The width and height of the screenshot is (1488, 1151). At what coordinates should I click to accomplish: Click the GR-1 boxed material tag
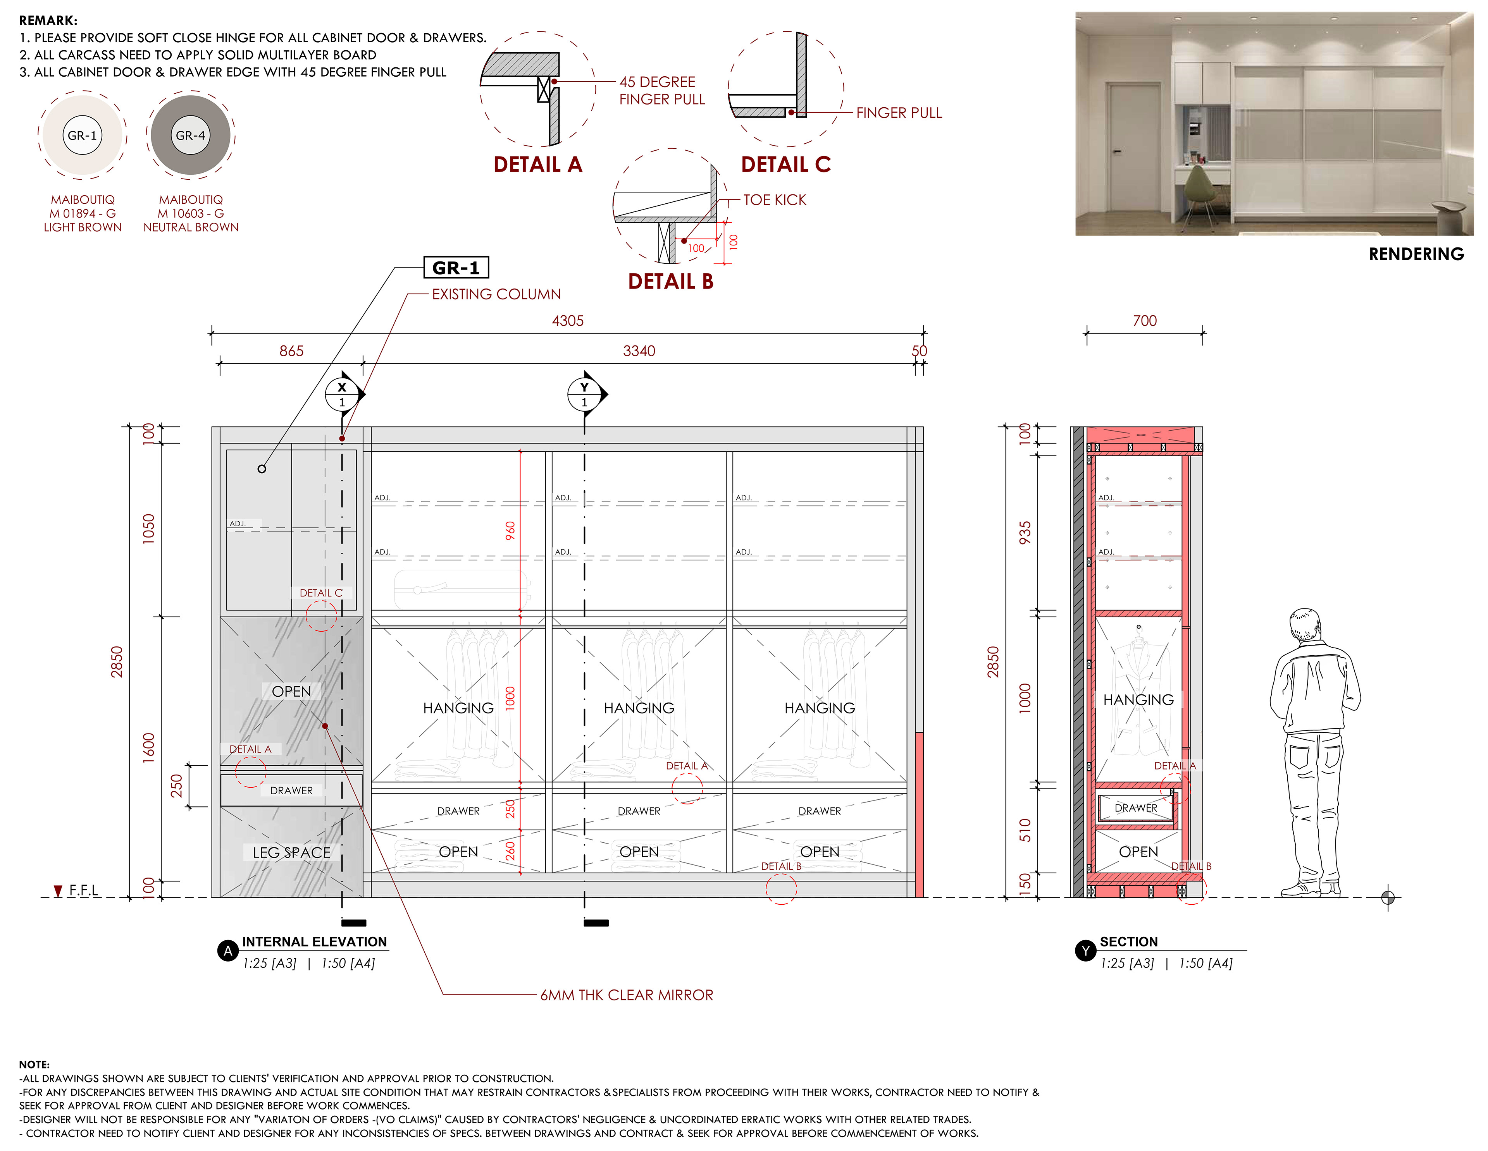tap(456, 268)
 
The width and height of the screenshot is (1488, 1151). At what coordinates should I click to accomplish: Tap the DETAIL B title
tap(670, 281)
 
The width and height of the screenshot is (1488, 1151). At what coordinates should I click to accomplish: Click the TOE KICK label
tap(775, 199)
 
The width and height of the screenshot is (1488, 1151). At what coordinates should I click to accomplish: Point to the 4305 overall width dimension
tap(568, 321)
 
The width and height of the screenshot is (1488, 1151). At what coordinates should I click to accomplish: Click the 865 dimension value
tap(292, 351)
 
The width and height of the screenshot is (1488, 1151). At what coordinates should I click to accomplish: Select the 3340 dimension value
tap(639, 351)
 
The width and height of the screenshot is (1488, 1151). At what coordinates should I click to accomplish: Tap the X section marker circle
tap(342, 394)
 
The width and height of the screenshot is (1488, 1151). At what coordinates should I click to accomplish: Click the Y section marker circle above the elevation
tap(584, 394)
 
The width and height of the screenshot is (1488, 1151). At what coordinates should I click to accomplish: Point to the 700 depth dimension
tap(1145, 321)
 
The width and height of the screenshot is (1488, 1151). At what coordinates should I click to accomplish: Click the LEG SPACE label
tap(292, 853)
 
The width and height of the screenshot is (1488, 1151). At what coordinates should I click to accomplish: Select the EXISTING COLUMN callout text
tap(496, 294)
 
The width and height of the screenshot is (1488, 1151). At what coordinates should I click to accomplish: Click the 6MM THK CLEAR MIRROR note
tap(627, 995)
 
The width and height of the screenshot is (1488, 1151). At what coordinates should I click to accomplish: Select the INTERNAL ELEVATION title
tap(314, 942)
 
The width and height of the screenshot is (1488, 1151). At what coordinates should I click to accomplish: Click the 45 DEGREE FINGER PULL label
tap(661, 91)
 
